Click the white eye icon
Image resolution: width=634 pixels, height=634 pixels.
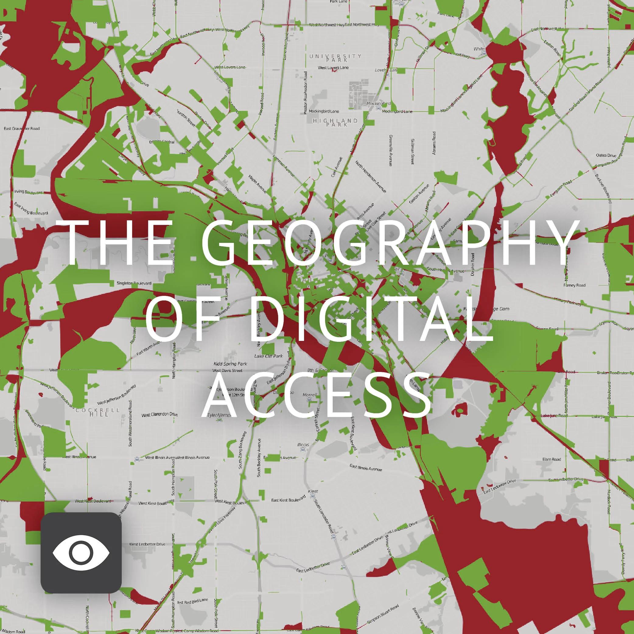(81, 553)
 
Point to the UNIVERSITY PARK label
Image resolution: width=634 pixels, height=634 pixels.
(335, 58)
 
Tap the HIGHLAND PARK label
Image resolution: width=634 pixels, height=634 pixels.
(335, 122)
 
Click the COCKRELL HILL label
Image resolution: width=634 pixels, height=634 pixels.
(98, 412)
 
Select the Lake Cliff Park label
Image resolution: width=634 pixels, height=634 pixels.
(268, 356)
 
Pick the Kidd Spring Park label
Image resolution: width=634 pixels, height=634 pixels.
(230, 364)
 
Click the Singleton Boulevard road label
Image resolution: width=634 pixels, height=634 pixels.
(134, 283)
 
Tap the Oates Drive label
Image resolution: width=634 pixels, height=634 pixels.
(606, 155)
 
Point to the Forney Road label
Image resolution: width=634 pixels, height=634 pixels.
(574, 285)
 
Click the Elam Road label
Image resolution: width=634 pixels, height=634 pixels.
(551, 459)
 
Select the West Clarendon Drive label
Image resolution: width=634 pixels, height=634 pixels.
(159, 415)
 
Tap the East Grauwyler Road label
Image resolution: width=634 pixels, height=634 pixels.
(22, 128)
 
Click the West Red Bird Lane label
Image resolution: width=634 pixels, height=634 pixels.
(192, 601)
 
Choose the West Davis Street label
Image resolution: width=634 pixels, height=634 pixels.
(227, 370)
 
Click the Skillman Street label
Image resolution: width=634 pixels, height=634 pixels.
(412, 151)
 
